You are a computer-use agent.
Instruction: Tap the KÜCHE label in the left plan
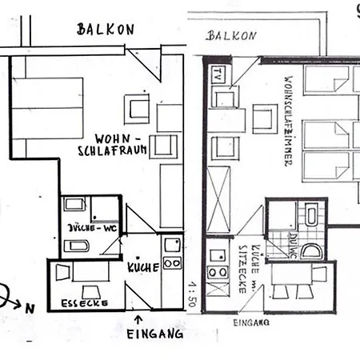(x=144, y=266)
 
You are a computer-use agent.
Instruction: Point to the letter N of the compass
(x=30, y=306)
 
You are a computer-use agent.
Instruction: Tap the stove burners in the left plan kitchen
(x=170, y=261)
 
